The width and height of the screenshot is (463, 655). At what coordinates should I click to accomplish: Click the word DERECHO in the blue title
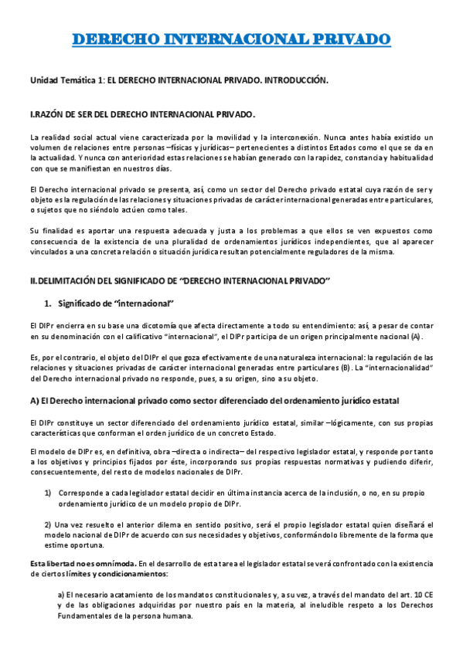[x=119, y=39]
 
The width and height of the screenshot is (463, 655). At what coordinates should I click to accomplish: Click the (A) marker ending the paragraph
[x=417, y=337]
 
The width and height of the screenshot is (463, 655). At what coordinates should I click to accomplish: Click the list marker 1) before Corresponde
[x=48, y=491]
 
